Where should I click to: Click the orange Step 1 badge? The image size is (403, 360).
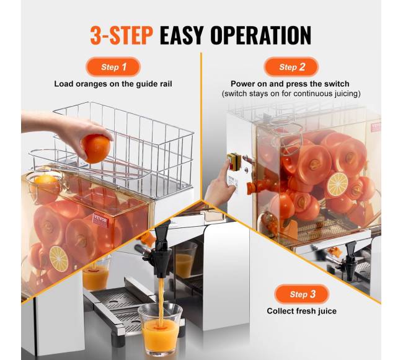113,67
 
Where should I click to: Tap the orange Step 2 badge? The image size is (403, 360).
291,67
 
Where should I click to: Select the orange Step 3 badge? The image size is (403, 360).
302,294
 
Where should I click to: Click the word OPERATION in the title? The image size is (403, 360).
260,35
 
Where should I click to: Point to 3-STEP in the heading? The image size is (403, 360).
122,35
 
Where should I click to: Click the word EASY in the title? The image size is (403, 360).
182,35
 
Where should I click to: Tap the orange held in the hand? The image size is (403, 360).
96,149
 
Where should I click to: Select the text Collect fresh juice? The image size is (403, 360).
301,311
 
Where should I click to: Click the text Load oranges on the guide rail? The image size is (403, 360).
113,84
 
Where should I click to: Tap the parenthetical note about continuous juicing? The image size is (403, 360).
291,94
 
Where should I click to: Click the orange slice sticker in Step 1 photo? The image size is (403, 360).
59,259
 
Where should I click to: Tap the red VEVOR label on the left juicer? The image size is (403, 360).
101,220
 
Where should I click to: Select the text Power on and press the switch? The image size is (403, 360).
290,84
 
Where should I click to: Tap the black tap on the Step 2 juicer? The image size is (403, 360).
350,261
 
